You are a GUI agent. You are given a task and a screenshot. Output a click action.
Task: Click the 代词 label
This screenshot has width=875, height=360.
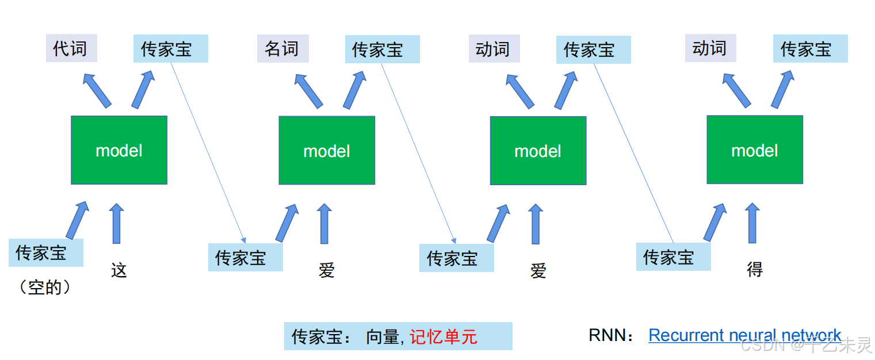point(71,48)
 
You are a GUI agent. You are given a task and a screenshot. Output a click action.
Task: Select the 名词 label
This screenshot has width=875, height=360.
point(283,48)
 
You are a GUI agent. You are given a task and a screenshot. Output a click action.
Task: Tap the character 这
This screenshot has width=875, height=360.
point(119,270)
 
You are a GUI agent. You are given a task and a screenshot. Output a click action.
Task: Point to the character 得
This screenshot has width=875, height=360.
point(755,269)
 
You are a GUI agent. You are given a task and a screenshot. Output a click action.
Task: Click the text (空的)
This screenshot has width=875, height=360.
point(45,288)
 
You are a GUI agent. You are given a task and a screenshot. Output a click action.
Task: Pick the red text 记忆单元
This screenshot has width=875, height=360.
point(444,337)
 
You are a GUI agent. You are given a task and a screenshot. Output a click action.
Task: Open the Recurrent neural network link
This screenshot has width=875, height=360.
point(745,335)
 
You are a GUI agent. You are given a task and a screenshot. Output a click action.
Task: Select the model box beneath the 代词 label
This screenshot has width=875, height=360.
point(119,150)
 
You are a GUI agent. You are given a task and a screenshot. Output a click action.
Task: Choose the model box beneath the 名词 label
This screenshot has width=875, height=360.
point(327,150)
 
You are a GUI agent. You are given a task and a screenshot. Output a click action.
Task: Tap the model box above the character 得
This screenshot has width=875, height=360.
point(755,150)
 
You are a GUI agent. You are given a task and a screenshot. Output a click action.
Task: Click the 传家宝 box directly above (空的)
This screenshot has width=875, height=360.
point(46,252)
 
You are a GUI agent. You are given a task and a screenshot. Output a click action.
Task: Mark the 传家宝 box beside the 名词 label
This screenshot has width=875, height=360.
point(383,49)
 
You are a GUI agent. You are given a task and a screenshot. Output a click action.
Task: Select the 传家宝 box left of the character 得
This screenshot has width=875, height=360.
point(674,256)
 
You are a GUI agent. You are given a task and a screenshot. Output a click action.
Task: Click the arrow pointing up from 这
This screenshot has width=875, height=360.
point(116,223)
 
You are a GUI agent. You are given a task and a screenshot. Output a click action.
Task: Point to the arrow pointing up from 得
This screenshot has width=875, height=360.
point(752,223)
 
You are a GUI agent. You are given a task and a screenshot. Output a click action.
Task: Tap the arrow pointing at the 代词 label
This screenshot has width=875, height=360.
point(97,91)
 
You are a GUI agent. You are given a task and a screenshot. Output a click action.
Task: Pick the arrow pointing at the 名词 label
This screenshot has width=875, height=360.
point(308,91)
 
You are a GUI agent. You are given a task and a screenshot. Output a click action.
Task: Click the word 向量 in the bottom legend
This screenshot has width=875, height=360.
point(383,337)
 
